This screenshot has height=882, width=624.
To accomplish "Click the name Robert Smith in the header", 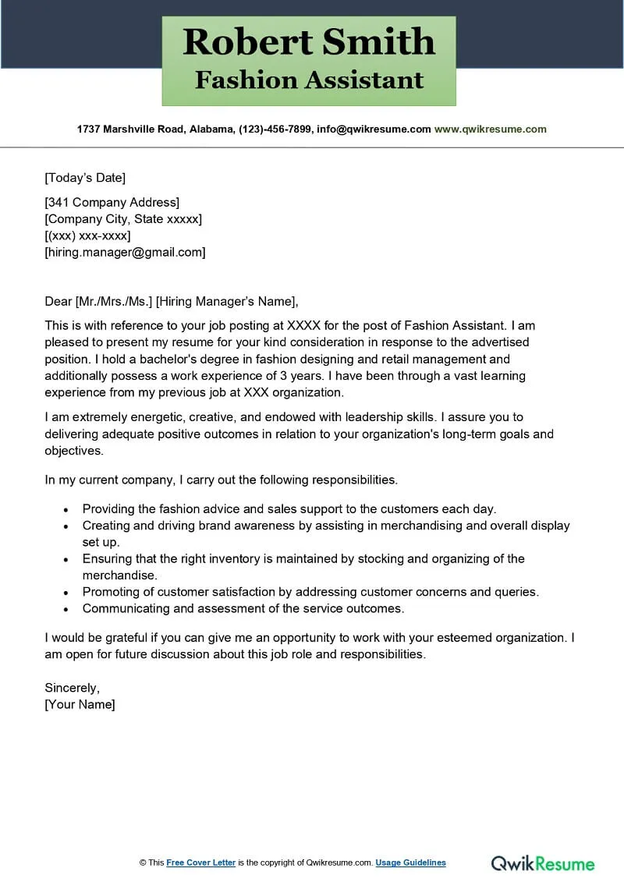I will [x=309, y=42].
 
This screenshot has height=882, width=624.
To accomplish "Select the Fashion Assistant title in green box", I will [x=309, y=80].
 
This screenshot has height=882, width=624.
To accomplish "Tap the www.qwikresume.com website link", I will [x=490, y=129].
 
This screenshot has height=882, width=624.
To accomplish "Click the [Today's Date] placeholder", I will [x=85, y=178].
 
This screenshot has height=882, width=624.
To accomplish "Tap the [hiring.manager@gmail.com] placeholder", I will [x=125, y=252].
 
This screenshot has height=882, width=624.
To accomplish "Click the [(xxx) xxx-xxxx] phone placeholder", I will [x=87, y=236].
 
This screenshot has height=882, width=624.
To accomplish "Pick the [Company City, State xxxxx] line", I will [x=123, y=219].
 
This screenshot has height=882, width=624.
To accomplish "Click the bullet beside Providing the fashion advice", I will [x=66, y=509].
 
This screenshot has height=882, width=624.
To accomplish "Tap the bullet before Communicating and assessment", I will [x=66, y=609].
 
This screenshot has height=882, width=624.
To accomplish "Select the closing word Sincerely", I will [x=72, y=688].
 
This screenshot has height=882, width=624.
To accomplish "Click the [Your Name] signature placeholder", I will [x=80, y=704].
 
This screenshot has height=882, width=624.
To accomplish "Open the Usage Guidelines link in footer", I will [x=410, y=863].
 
